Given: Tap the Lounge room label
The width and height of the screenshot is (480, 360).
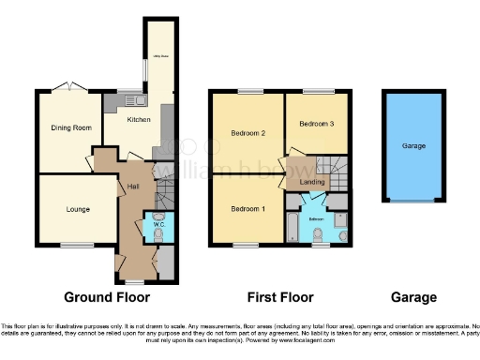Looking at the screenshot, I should [x=67, y=210].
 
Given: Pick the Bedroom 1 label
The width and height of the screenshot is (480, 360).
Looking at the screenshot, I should [x=248, y=208].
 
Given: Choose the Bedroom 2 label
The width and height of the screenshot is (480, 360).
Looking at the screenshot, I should [x=248, y=133].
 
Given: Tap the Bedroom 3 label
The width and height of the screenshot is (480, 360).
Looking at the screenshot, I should [x=317, y=123].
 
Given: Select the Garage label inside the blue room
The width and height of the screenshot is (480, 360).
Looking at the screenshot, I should [x=413, y=146].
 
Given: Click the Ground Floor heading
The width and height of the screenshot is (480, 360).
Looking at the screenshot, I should [x=106, y=297].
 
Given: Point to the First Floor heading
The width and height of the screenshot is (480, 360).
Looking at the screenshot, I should [x=279, y=297].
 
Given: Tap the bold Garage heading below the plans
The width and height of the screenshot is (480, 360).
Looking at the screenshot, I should [x=413, y=297].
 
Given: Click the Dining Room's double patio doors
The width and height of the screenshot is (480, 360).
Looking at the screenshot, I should [x=69, y=88].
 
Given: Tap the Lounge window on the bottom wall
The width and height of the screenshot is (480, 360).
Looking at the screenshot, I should [x=71, y=245].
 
